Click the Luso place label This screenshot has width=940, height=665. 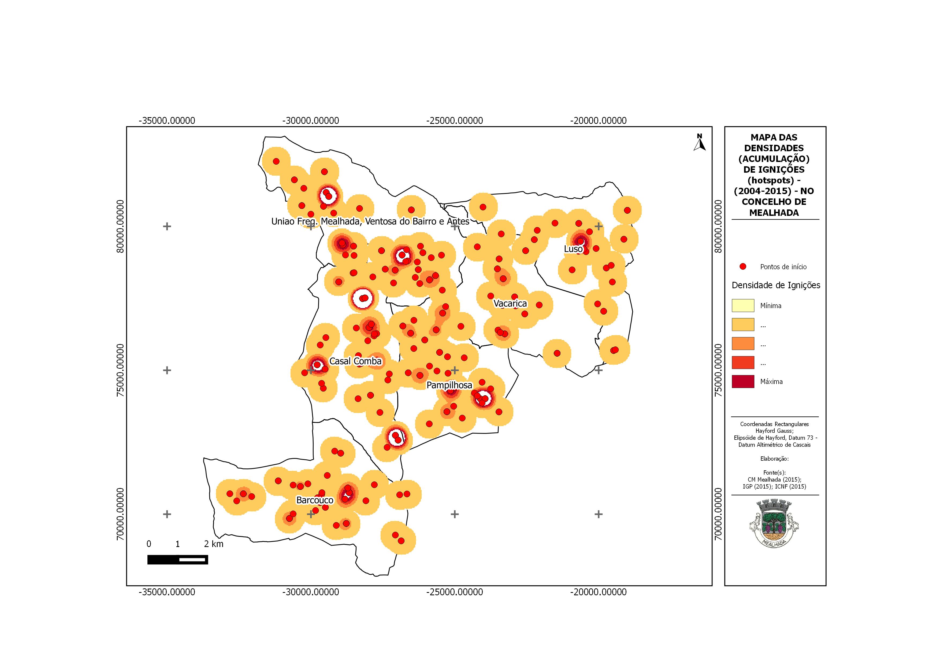(573, 249)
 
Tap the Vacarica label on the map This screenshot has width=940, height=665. (510, 304)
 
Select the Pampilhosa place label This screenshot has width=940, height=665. (449, 385)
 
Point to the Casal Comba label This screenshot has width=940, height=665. (355, 361)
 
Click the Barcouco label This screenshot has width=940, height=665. (315, 500)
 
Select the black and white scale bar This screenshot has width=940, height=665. (178, 559)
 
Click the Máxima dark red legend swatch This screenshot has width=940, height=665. (743, 382)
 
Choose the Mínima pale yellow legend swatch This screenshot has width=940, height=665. (743, 305)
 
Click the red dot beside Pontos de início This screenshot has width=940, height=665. (743, 267)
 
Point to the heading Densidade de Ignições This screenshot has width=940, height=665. (776, 285)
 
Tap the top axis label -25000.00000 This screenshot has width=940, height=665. (454, 121)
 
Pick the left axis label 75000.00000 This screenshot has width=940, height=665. (120, 370)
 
